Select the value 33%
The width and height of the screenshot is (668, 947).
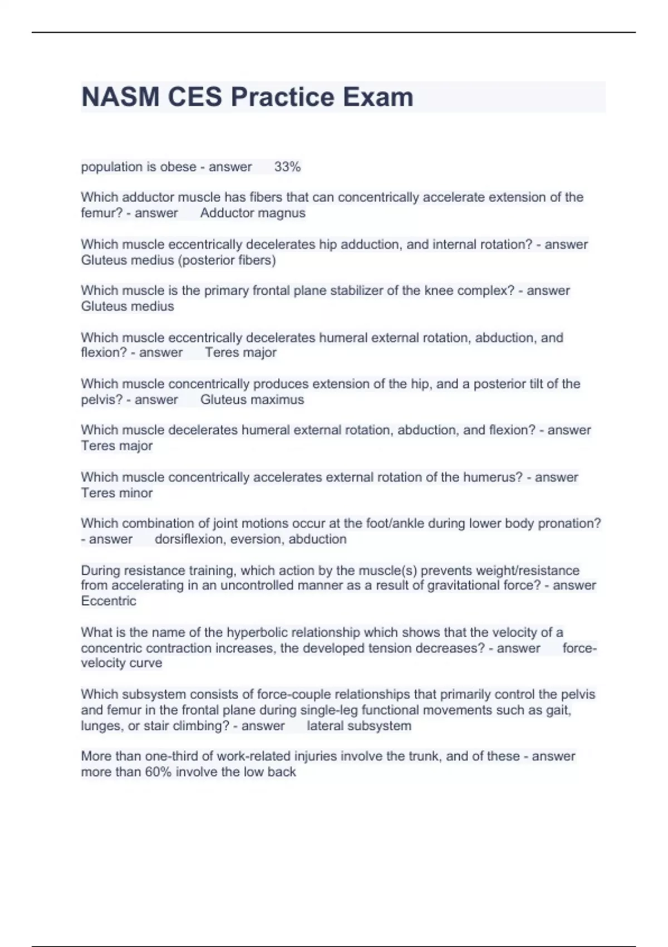287,167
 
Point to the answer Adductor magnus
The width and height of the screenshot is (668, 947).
253,213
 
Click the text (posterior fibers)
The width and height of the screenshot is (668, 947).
227,260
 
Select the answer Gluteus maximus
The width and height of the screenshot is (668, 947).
252,399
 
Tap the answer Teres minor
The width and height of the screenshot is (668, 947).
117,492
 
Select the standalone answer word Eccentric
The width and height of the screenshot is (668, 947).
109,601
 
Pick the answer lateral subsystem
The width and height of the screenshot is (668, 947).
359,725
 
